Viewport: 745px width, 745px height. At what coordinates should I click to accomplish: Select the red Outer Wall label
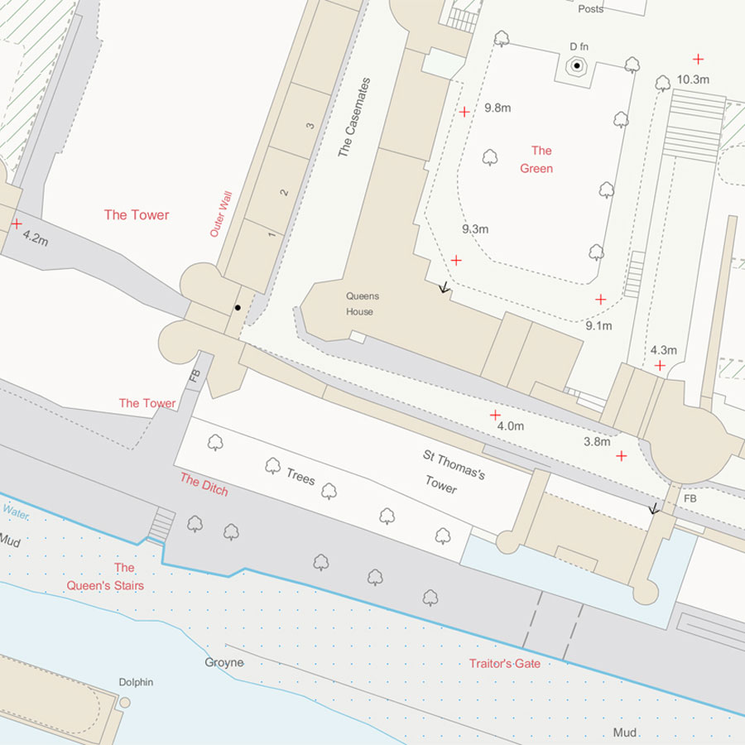[x=221, y=214]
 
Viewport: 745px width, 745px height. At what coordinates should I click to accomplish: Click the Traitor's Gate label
[x=505, y=663]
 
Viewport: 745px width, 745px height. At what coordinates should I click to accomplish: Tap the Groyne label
[x=224, y=662]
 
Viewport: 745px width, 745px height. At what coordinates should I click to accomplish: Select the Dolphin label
[x=136, y=682]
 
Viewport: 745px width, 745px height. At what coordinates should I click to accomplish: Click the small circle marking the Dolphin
[x=125, y=702]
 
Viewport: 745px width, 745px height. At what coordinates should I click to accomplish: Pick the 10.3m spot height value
[x=693, y=79]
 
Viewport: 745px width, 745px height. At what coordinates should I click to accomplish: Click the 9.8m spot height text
[x=498, y=108]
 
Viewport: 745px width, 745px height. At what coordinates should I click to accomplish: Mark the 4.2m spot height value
[x=36, y=237]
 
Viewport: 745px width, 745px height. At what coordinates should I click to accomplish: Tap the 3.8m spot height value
[x=597, y=441]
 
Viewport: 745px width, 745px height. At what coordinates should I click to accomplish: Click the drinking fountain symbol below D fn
[x=577, y=65]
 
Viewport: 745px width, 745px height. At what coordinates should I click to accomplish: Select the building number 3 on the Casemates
[x=310, y=126]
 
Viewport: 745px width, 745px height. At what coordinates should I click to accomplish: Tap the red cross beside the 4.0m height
[x=495, y=415]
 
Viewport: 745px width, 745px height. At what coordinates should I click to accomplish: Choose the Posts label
[x=591, y=9]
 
